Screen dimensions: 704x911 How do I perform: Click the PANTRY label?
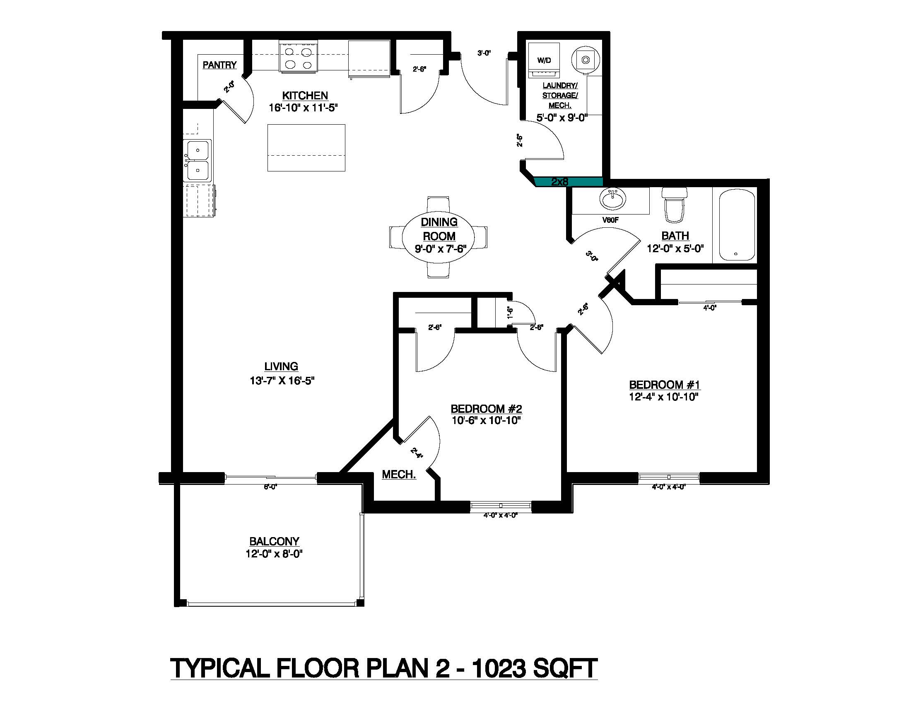pos(219,65)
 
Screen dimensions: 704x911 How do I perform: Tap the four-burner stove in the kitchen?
pos(298,58)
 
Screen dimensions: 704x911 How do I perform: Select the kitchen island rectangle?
pos(306,148)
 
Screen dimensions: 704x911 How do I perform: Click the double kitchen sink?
pos(198,161)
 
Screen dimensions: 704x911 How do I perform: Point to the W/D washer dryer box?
pos(544,60)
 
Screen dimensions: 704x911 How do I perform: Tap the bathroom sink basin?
pos(612,198)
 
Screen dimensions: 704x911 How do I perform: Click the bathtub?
pos(737,225)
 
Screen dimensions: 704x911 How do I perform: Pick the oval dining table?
pos(439,236)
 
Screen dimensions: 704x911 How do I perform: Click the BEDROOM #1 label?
pos(665,385)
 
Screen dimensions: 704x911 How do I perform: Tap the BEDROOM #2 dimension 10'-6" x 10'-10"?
pos(487,420)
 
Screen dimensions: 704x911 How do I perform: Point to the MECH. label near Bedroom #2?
pos(399,475)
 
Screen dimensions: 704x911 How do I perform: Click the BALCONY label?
pos(274,541)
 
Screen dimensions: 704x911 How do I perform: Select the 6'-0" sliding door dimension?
pos(270,487)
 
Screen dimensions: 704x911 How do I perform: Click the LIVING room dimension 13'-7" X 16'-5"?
pos(282,380)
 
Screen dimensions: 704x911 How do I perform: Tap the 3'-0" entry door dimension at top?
pos(484,53)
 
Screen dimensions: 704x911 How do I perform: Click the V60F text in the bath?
pos(610,220)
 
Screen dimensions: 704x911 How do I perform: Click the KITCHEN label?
pos(305,96)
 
